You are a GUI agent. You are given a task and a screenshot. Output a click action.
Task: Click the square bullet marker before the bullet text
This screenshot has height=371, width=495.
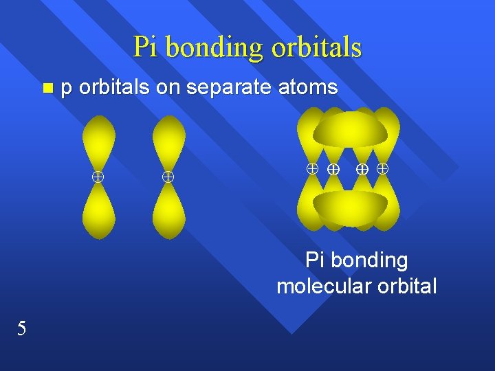click(x=47, y=88)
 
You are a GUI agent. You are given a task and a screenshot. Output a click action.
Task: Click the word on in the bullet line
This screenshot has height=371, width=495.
click(x=170, y=88)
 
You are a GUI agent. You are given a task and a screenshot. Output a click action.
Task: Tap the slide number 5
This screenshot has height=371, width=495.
click(x=22, y=328)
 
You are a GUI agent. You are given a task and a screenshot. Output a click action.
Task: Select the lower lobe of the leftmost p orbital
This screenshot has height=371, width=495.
click(x=98, y=210)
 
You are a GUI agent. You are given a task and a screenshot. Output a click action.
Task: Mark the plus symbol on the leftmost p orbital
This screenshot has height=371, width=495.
click(x=98, y=177)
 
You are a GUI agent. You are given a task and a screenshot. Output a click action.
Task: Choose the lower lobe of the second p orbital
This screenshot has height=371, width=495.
click(x=168, y=210)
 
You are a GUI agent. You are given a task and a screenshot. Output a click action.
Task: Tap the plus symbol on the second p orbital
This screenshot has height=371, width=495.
click(x=167, y=177)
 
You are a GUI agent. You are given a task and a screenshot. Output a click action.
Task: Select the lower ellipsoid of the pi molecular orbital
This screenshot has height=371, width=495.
click(x=350, y=207)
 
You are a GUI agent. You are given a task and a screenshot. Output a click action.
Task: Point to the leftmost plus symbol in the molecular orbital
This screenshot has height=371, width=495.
click(x=311, y=168)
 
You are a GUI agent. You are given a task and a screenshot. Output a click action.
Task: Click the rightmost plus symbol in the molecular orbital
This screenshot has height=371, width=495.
click(x=383, y=168)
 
